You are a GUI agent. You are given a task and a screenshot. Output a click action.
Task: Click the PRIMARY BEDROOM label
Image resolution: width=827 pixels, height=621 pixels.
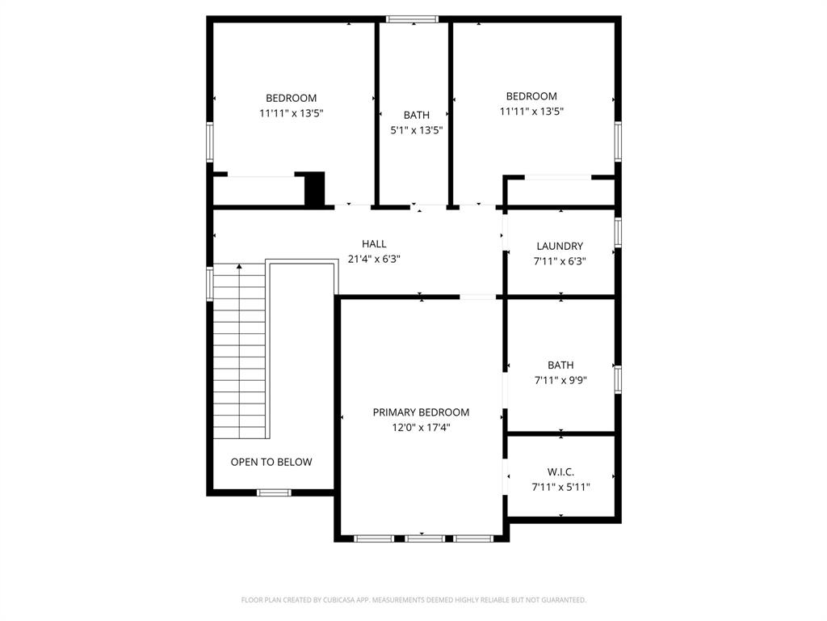[x=421, y=412]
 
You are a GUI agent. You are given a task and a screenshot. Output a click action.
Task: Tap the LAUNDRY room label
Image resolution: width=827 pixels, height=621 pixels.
[x=560, y=246]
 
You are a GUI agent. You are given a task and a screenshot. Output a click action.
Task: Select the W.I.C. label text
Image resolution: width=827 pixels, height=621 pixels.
[x=560, y=471]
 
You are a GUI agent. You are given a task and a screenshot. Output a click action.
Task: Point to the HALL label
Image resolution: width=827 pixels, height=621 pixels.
[x=374, y=243]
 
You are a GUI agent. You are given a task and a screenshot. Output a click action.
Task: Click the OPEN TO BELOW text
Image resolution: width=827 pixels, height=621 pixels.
[x=271, y=463]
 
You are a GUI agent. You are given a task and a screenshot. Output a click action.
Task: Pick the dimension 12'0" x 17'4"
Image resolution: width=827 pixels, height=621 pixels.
[x=421, y=428]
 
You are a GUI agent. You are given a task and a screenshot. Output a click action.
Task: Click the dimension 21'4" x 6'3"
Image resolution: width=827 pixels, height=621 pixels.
[x=374, y=260]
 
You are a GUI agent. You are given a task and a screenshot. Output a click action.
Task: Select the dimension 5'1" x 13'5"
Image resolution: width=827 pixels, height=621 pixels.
[x=417, y=130]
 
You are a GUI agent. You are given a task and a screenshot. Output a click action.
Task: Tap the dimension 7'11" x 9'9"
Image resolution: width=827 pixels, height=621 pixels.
[x=560, y=381]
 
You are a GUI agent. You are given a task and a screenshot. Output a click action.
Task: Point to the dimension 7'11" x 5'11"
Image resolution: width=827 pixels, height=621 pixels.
[x=560, y=488]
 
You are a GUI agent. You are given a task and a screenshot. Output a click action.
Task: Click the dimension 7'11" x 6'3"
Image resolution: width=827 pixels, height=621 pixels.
[x=560, y=261]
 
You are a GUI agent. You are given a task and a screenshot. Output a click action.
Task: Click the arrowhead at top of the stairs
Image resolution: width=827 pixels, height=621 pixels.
[x=239, y=266]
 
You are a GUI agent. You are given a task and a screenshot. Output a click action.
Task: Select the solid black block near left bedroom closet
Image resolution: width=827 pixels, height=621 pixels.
[x=314, y=189]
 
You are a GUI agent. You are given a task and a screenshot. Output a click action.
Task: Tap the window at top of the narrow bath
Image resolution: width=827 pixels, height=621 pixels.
[x=412, y=19]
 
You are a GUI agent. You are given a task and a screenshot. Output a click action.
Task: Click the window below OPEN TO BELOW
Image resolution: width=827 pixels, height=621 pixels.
[x=274, y=492]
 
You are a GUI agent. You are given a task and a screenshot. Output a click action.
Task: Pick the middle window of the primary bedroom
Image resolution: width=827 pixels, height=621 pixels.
[x=424, y=538]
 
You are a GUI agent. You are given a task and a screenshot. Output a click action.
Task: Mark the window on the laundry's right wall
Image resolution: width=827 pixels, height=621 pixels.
[x=618, y=231]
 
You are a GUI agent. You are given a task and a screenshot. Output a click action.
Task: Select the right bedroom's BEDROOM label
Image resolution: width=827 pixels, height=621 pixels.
[x=531, y=96]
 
